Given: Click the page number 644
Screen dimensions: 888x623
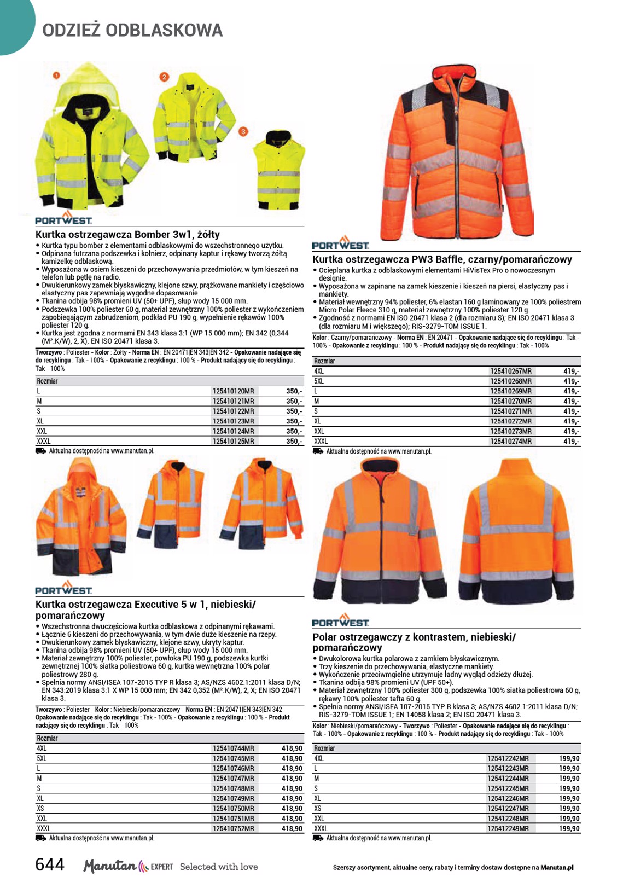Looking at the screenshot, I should coord(50,864).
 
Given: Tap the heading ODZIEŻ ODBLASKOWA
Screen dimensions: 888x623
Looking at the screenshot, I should coord(132,31).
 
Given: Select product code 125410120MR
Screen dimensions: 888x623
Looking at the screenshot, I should coord(233,391).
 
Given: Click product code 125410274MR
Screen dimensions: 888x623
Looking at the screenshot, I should coord(510,441).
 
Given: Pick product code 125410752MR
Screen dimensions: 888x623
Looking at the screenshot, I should coord(233,828).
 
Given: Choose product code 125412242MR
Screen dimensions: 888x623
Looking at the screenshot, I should coord(508,758).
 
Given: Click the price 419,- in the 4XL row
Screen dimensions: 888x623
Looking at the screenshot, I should coord(571,371).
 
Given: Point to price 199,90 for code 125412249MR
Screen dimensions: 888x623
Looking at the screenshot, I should coord(569,828).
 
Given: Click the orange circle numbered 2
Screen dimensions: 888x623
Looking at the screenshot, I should coord(164,77).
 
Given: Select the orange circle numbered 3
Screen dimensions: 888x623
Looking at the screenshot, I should coord(243,131).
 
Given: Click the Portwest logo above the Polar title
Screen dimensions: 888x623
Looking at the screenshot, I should coord(340,621).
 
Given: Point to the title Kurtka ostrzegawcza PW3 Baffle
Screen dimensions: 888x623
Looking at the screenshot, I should coord(442,259).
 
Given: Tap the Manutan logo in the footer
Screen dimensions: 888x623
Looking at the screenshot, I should coord(109,866).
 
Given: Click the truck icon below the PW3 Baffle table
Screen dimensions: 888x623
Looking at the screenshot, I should coord(318,451).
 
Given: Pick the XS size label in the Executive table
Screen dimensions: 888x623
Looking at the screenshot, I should coord(40,808).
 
